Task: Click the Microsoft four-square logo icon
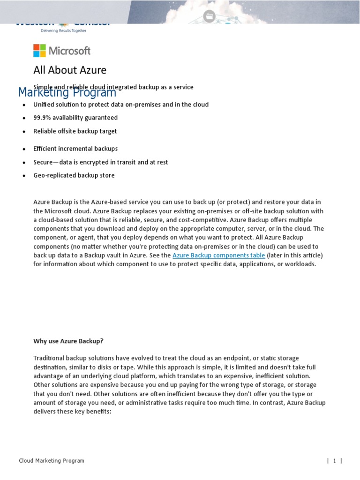[x=39, y=51]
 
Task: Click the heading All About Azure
[x=70, y=70]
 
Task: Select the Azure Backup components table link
[x=218, y=255]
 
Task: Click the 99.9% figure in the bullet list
[x=43, y=118]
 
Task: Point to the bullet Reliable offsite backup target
[x=75, y=131]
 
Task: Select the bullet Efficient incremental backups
[x=75, y=149]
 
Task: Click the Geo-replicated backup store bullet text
[x=74, y=175]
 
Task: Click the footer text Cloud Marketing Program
[x=52, y=461]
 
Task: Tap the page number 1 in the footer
[x=335, y=461]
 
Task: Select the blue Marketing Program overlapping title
[x=67, y=92]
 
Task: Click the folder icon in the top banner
[x=209, y=16]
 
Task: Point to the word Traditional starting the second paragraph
[x=48, y=358]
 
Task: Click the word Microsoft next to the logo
[x=70, y=51]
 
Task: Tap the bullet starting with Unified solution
[x=121, y=105]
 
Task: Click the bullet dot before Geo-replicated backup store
[x=23, y=176]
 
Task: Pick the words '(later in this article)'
[x=295, y=255]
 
